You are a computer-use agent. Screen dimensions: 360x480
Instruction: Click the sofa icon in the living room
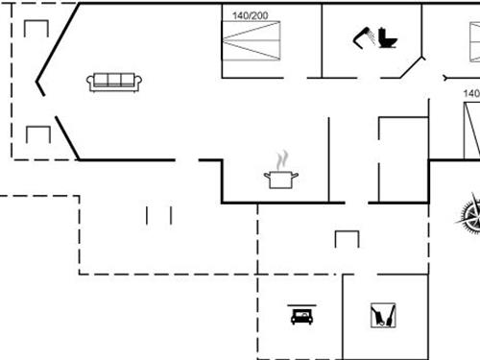coord(114,83)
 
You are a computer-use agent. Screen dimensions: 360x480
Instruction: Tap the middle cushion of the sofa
coord(114,81)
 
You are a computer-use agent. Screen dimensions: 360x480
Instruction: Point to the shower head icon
coord(363,36)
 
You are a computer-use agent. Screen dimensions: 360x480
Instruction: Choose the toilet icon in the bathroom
coord(387,38)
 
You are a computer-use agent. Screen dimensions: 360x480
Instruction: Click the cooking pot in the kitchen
coord(281,179)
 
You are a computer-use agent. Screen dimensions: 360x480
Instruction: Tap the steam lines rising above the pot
coord(281,158)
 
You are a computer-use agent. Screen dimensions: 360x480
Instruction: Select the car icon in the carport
coord(301,316)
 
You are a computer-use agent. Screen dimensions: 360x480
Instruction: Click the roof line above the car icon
coord(301,306)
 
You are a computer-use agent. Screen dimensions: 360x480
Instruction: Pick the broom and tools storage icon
coord(384,315)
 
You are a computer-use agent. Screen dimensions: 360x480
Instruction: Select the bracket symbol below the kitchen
coord(347,237)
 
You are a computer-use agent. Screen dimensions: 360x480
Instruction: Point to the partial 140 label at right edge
coord(471,93)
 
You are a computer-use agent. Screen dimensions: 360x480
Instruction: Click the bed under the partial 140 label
coord(471,130)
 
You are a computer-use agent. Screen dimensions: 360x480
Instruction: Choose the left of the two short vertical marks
coord(148,214)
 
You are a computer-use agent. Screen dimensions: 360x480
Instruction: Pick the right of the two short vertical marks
coord(170,214)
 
